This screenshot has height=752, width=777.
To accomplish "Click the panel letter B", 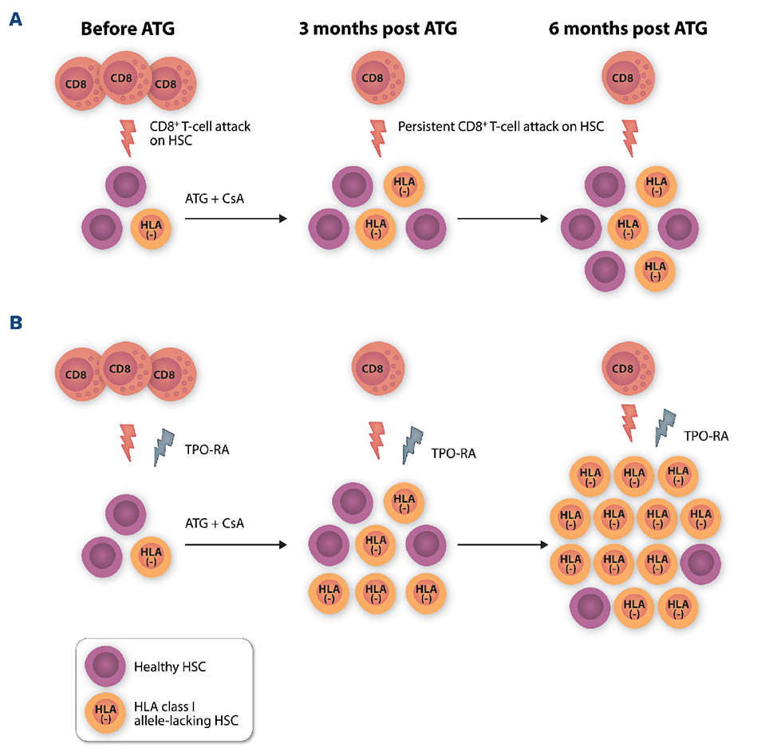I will (14, 324).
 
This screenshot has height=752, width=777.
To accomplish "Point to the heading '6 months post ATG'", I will (628, 30).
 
